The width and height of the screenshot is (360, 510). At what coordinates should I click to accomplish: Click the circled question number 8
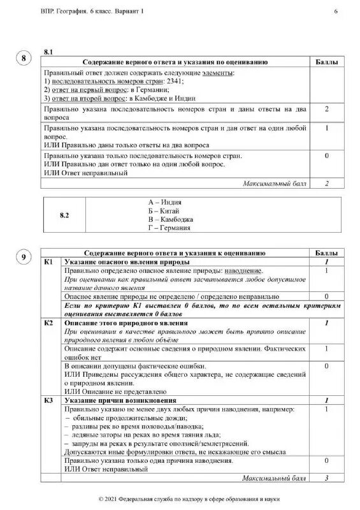pos(24,59)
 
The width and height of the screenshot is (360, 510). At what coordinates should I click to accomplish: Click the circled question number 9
pos(24,258)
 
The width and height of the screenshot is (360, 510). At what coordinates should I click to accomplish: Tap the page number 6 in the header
pos(336,12)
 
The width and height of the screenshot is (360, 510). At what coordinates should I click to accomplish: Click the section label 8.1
pos(50,50)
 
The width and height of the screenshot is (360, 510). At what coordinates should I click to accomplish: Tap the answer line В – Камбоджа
pos(169,219)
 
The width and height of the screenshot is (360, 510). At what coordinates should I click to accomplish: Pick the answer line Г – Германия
pos(169,228)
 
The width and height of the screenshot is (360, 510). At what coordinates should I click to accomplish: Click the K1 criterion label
pos(48,262)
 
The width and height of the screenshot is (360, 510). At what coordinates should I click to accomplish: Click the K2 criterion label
pos(48,324)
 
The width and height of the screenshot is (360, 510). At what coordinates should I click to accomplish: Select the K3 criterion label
pos(48,400)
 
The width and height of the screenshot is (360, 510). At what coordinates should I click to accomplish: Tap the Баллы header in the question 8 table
pos(327,62)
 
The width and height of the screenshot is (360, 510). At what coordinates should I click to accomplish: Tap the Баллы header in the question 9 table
pos(327,253)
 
